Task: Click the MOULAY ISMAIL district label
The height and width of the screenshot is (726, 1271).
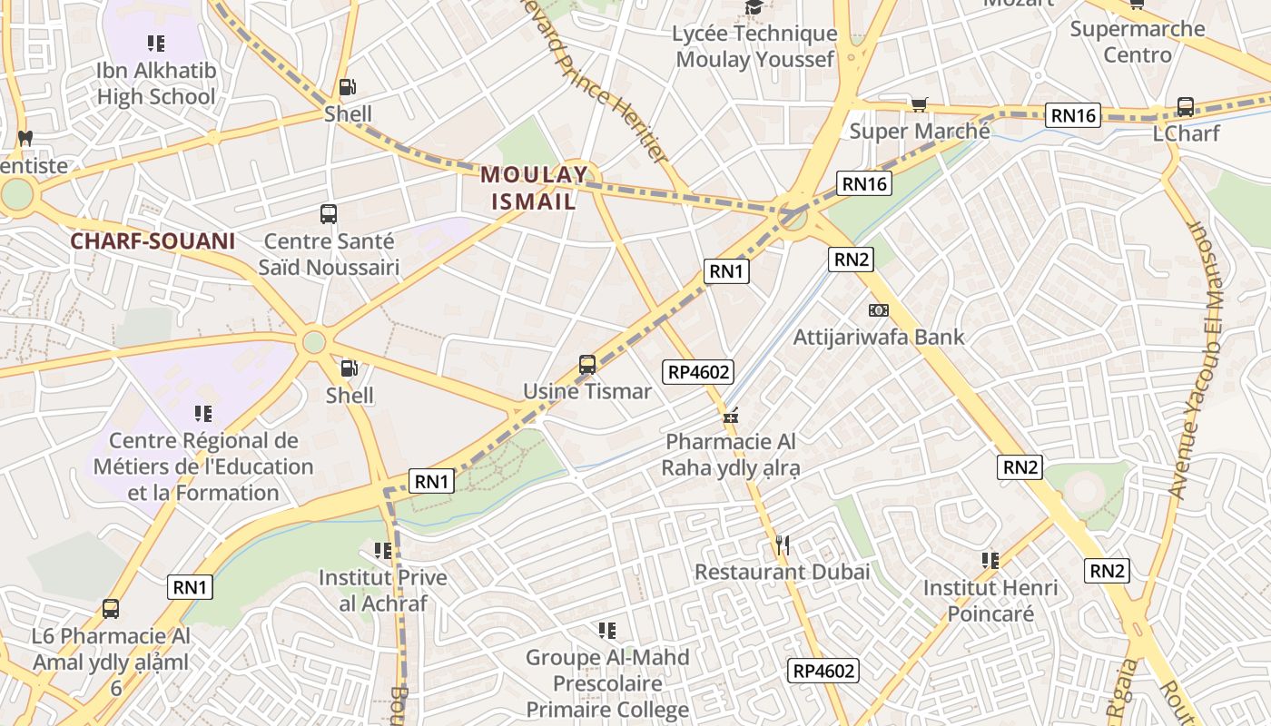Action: (x=534, y=188)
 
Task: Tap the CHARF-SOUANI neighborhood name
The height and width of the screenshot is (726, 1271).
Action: (x=153, y=241)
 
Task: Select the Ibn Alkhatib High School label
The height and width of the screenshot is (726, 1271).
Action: (x=156, y=83)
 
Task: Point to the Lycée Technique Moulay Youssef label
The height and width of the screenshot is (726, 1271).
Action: (x=754, y=46)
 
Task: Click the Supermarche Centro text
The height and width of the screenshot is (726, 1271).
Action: (x=1137, y=42)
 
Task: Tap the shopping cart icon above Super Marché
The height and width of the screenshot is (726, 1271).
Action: (x=920, y=105)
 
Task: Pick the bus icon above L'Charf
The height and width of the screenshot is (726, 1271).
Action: (x=1186, y=106)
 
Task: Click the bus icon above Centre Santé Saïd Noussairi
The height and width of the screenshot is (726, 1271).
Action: (x=329, y=215)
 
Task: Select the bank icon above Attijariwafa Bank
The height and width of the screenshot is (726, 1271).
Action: (x=878, y=310)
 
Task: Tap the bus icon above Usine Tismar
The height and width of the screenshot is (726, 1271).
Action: (x=587, y=365)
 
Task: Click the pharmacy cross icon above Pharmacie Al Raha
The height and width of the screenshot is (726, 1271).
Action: (x=731, y=417)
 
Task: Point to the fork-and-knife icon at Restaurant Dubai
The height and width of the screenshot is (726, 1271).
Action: (x=783, y=545)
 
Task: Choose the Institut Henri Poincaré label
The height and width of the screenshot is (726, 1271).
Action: (x=990, y=601)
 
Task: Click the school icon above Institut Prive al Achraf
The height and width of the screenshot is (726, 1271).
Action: (x=382, y=551)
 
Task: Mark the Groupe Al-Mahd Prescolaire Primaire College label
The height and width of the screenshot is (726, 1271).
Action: (x=608, y=682)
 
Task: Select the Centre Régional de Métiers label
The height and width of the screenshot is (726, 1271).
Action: (x=203, y=466)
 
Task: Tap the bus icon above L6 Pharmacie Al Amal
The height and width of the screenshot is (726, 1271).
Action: (x=111, y=609)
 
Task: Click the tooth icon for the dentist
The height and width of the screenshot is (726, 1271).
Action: (x=25, y=139)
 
